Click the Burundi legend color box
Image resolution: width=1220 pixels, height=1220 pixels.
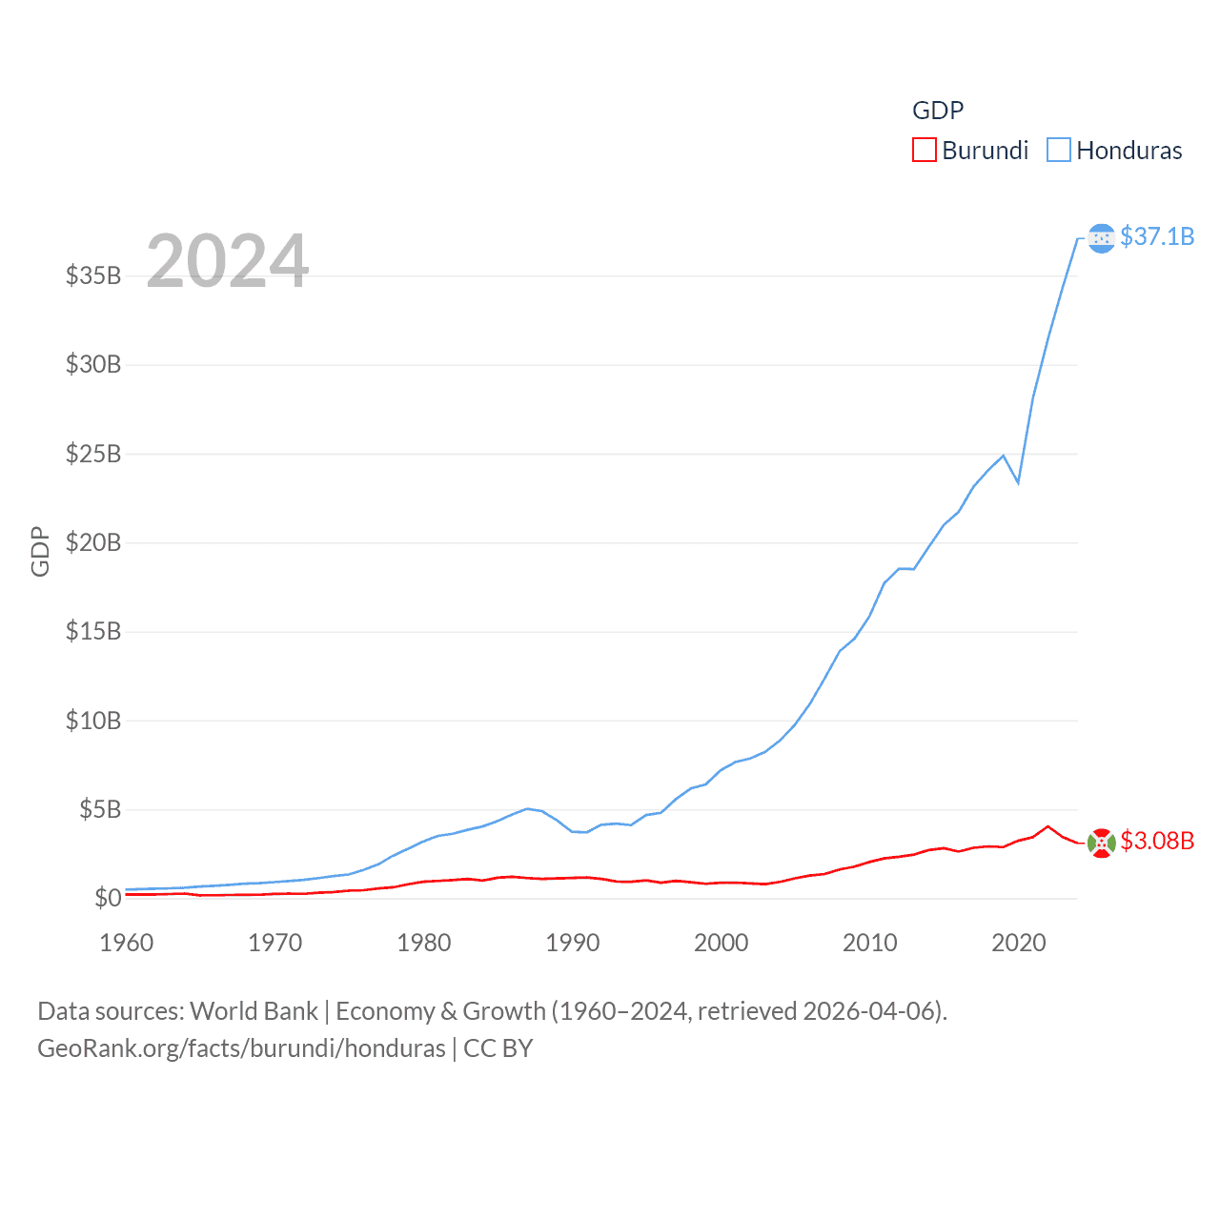tap(924, 151)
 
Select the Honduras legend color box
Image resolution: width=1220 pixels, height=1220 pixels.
tap(1058, 151)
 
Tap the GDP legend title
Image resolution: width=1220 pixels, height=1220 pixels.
tap(938, 111)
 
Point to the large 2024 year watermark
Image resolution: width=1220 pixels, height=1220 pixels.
tap(228, 261)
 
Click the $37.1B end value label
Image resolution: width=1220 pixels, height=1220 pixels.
tap(1157, 236)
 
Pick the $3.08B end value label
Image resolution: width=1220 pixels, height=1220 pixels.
tap(1157, 841)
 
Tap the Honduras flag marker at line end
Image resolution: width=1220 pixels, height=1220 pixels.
tap(1101, 237)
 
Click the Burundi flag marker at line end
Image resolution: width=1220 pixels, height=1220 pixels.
tap(1101, 843)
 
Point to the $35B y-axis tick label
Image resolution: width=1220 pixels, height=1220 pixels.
tap(93, 275)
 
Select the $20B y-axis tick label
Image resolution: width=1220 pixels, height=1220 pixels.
tap(93, 542)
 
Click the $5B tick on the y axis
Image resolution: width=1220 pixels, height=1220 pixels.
tap(100, 809)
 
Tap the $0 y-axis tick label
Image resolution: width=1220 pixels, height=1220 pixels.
tap(108, 898)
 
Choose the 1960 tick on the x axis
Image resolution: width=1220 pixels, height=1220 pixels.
tap(127, 943)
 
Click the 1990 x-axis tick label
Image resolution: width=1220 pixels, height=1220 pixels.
tap(573, 943)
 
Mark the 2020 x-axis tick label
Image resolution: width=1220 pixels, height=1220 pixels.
tap(1019, 943)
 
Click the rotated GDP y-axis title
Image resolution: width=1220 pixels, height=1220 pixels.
tap(40, 551)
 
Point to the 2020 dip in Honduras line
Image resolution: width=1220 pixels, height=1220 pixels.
tap(1018, 482)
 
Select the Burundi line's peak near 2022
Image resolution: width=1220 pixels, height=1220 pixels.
tap(1048, 826)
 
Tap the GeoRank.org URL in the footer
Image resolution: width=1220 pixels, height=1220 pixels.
tap(241, 1048)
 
